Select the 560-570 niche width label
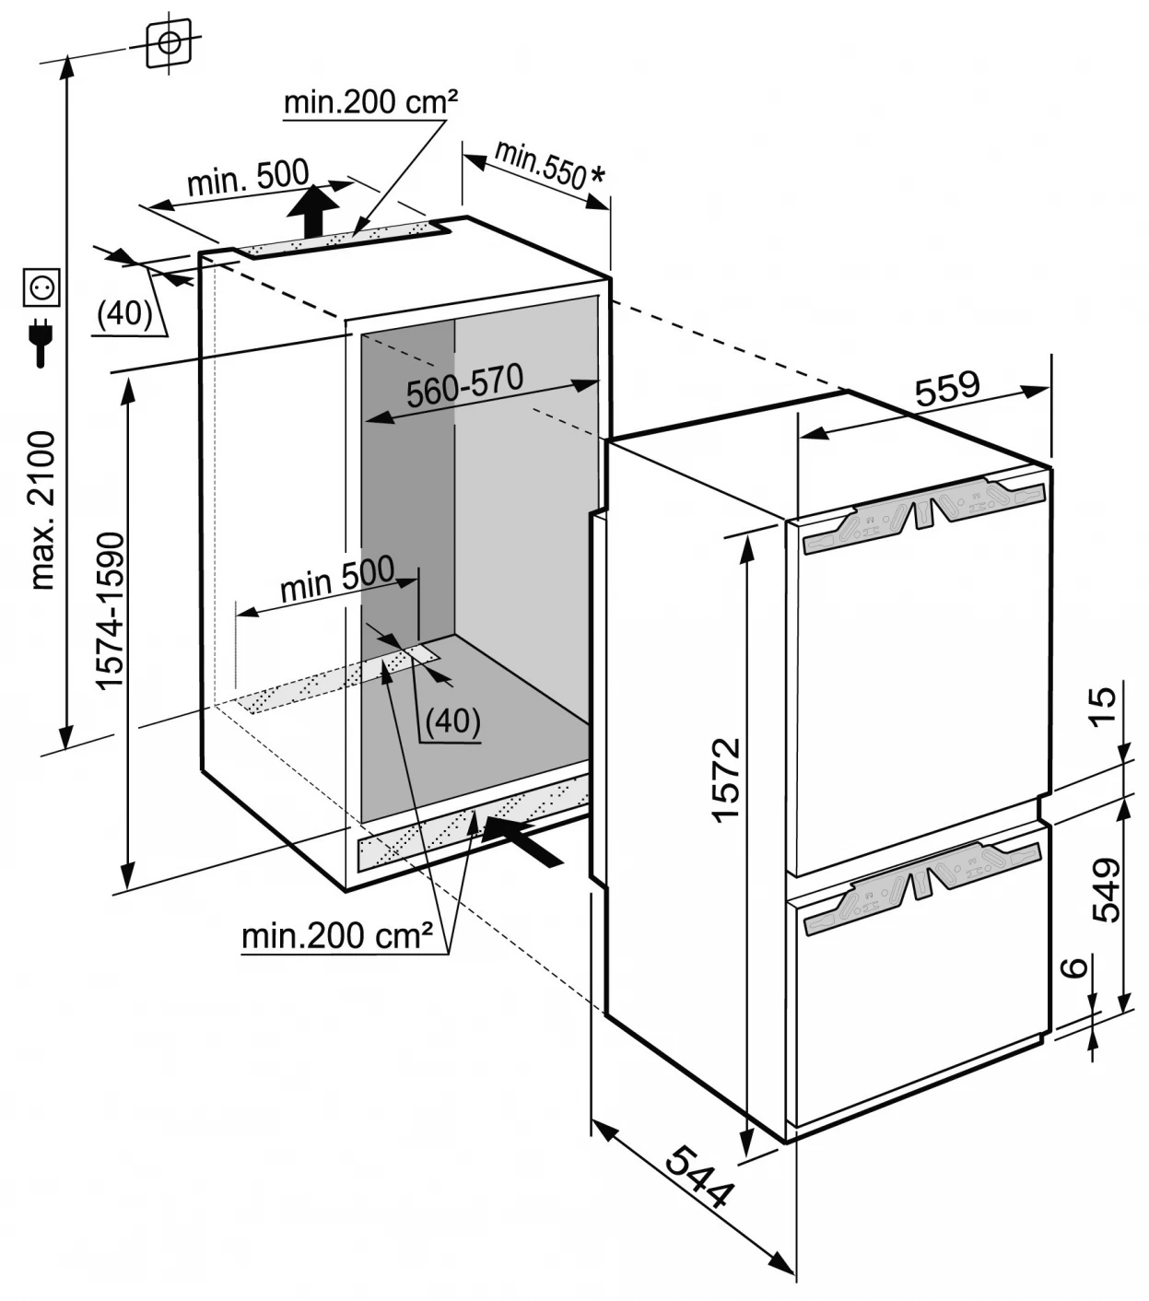[x=464, y=386]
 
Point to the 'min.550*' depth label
[x=549, y=166]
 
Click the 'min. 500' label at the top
[x=248, y=177]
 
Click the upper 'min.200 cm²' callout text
[x=370, y=102]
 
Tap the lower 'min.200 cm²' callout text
[x=337, y=936]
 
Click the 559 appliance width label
[x=947, y=387]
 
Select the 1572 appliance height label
[x=726, y=779]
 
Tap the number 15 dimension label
[x=1102, y=708]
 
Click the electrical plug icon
[x=41, y=342]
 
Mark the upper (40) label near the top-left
[x=124, y=314]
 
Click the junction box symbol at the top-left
[x=170, y=42]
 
